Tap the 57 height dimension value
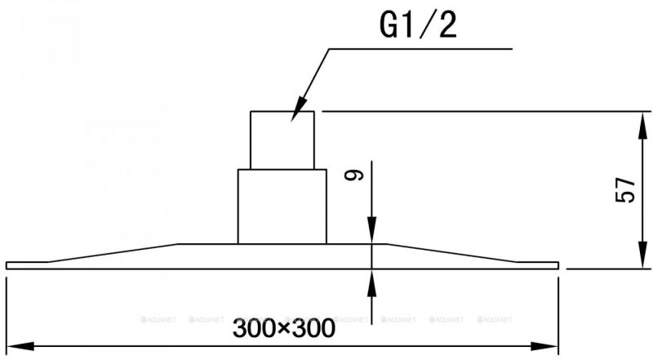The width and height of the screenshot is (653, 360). [x=625, y=189]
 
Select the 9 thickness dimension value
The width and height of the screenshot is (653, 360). [x=354, y=176]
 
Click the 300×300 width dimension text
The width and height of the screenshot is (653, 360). [x=283, y=328]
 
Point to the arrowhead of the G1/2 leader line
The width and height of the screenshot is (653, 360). [x=299, y=109]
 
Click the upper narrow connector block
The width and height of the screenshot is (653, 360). [x=282, y=140]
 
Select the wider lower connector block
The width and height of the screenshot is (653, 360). [x=282, y=207]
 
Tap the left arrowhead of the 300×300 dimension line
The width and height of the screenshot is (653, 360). [x=20, y=346]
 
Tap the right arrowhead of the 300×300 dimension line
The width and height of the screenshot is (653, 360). [x=544, y=346]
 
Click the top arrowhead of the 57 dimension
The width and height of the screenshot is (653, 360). [x=644, y=125]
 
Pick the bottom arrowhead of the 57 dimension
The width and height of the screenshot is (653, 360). [x=644, y=255]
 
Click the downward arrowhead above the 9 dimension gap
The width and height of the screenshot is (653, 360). [x=372, y=230]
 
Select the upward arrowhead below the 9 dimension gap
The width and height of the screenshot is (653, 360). [x=372, y=282]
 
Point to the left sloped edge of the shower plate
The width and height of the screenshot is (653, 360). [x=113, y=253]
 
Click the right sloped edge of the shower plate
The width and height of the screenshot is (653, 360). [x=452, y=253]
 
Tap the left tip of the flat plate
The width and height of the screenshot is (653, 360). [x=7, y=265]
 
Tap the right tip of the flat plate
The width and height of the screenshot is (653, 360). [x=558, y=265]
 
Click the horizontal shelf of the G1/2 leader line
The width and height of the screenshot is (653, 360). [x=420, y=49]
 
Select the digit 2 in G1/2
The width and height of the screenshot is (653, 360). [x=446, y=25]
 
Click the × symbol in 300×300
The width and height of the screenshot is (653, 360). [x=283, y=329]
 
